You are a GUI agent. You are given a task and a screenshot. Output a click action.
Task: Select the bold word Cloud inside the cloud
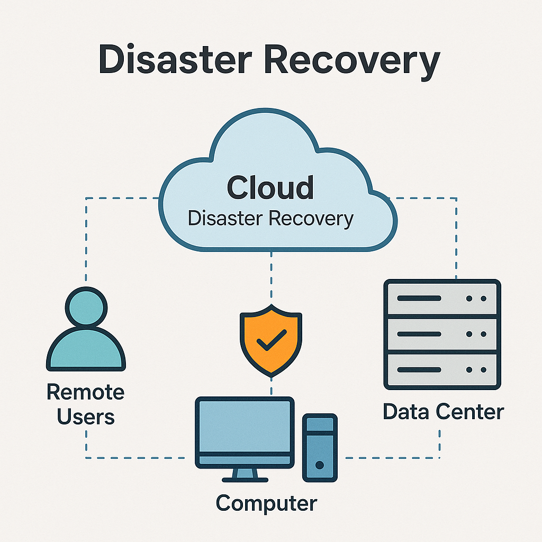point(270,187)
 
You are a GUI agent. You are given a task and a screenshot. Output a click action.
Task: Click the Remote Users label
point(86,405)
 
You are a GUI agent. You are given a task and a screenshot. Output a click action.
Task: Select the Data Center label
point(443,411)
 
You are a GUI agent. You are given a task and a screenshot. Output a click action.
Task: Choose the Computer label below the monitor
point(266,502)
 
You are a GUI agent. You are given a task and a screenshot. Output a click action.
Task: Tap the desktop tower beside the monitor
point(319,447)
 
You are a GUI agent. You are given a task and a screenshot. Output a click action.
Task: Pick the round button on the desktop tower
point(319,465)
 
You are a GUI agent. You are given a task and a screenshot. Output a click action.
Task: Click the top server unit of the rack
point(442,299)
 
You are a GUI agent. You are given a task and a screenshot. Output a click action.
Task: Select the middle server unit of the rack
point(442,335)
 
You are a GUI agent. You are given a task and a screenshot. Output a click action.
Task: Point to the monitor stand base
point(245,479)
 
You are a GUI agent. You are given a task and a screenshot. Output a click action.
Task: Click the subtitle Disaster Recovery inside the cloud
point(270,218)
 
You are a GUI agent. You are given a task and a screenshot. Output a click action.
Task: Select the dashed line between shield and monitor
point(271,387)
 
